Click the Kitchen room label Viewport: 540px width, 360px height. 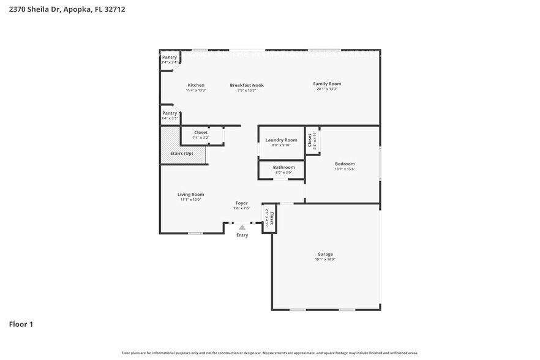pyautogui.click(x=196, y=85)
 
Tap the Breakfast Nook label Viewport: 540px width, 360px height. pyautogui.click(x=247, y=85)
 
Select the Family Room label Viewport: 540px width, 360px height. pyautogui.click(x=327, y=84)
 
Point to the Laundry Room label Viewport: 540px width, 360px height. pyautogui.click(x=281, y=140)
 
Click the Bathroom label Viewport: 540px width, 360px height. pyautogui.click(x=283, y=167)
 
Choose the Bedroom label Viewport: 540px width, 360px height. pyautogui.click(x=345, y=163)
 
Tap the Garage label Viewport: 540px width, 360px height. pyautogui.click(x=325, y=254)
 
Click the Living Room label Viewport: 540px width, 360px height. pyautogui.click(x=190, y=194)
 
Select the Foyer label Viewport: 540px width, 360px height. pyautogui.click(x=242, y=203)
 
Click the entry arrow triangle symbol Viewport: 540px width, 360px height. pyautogui.click(x=242, y=227)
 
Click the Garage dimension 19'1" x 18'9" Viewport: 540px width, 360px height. pyautogui.click(x=325, y=260)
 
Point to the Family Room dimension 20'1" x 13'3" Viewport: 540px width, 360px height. pyautogui.click(x=327, y=89)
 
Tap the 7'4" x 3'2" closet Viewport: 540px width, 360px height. pyautogui.click(x=201, y=135)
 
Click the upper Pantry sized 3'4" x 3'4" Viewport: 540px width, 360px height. pyautogui.click(x=170, y=59)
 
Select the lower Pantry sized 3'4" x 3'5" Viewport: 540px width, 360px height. pyautogui.click(x=170, y=115)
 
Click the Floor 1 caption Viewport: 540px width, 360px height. pyautogui.click(x=21, y=324)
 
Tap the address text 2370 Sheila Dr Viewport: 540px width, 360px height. pyautogui.click(x=34, y=10)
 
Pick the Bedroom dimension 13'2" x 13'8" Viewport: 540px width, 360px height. pyautogui.click(x=345, y=169)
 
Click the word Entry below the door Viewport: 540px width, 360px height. pyautogui.click(x=242, y=235)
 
